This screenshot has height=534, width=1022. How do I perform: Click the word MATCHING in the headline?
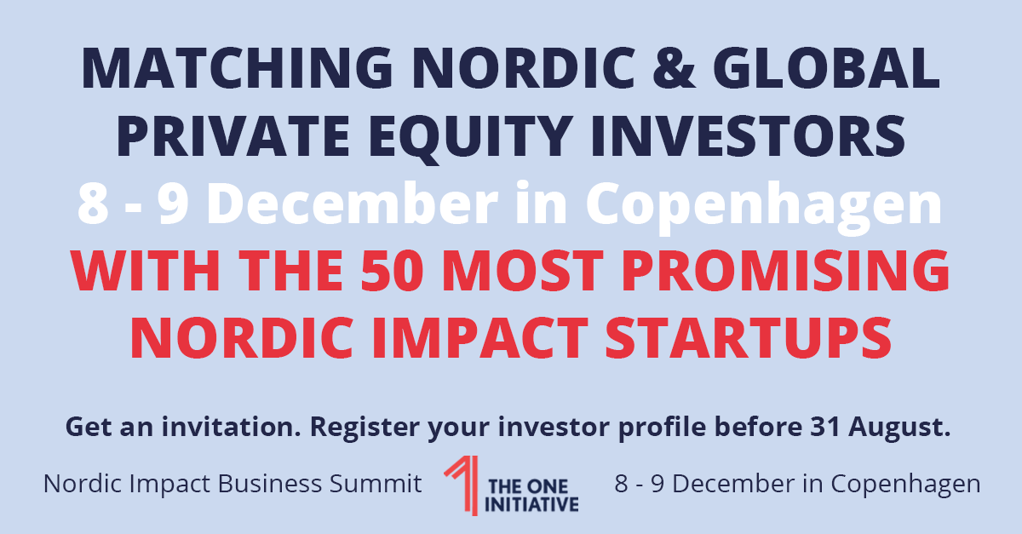point(238,68)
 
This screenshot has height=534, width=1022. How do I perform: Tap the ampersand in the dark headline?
point(674,68)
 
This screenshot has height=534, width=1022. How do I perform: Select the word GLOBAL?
point(826,68)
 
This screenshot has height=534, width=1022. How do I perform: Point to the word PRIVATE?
point(233,136)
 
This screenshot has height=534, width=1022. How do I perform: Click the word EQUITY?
point(470,138)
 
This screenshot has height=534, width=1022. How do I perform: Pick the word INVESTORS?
point(748,136)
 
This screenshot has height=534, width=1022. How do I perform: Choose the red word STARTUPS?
point(749,338)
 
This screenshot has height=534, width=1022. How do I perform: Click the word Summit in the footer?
point(376,484)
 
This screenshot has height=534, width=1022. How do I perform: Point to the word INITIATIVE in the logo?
point(531,505)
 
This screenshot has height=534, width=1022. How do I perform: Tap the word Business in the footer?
point(270,484)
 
